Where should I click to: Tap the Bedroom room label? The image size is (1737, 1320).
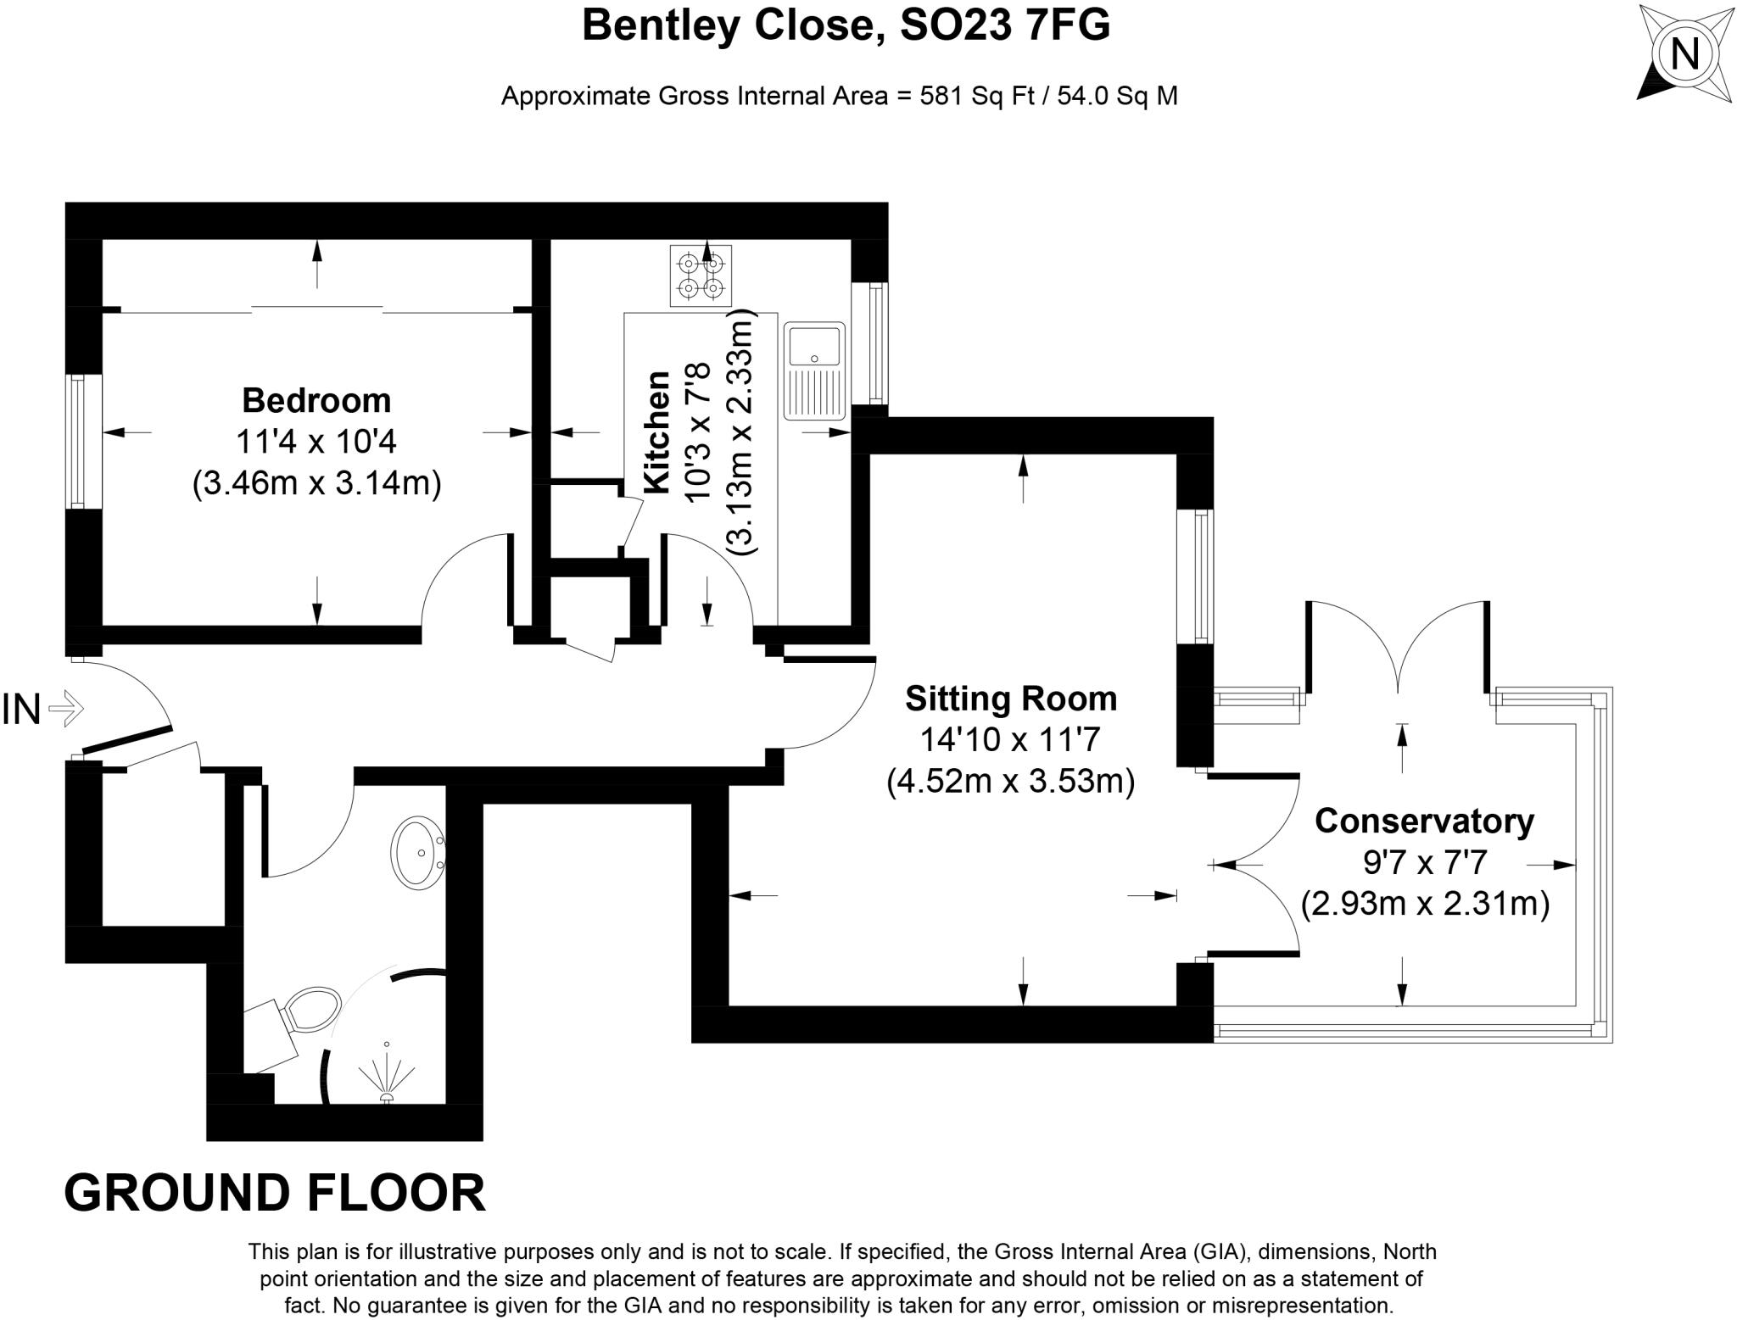tap(316, 400)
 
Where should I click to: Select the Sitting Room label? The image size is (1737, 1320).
tap(1011, 699)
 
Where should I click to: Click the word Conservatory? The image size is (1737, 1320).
tap(1424, 821)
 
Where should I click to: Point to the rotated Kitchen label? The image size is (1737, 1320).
tap(657, 432)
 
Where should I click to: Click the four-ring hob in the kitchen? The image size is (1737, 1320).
tap(701, 276)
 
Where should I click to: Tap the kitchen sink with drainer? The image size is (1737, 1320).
tap(814, 370)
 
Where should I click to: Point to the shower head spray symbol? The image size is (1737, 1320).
tap(387, 1077)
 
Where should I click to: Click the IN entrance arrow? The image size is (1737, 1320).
tap(66, 708)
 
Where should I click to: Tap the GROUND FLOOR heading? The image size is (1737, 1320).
tap(275, 1193)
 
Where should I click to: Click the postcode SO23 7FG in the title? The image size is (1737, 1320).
tap(1004, 25)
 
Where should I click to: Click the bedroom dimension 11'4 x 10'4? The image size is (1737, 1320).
tap(316, 442)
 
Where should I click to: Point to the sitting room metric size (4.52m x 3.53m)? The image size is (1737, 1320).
tap(1011, 780)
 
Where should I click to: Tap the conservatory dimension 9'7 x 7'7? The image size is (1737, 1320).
tap(1425, 862)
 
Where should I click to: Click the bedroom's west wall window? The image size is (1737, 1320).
tap(78, 441)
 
